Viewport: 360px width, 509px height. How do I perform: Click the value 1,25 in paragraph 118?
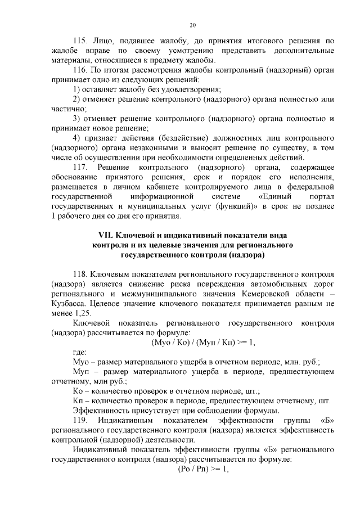coord(82,313)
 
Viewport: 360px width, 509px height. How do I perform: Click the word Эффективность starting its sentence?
coord(100,411)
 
